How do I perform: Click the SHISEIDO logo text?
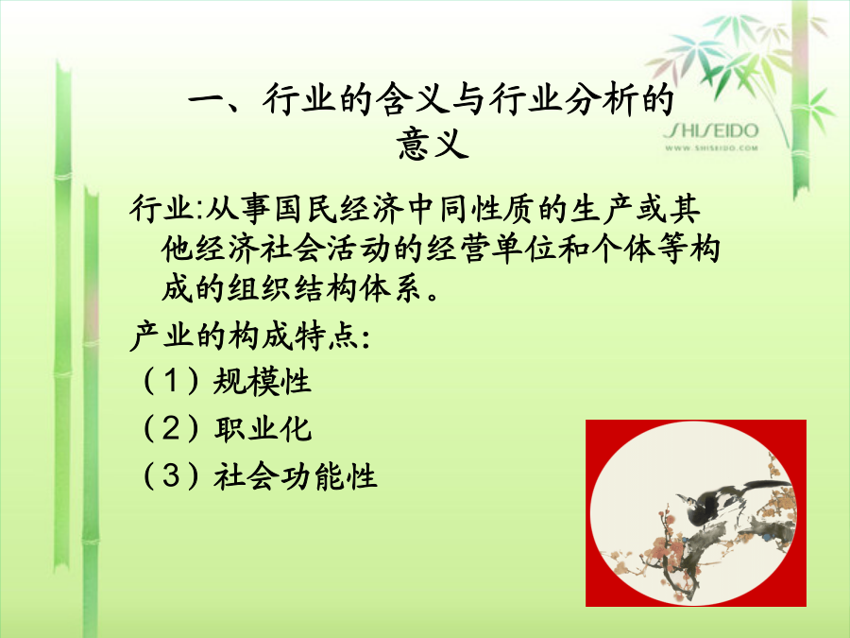click(x=710, y=130)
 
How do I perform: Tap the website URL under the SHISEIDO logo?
click(x=711, y=147)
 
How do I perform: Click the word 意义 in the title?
click(x=432, y=144)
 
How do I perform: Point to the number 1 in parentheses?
click(x=171, y=380)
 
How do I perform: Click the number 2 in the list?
click(x=171, y=428)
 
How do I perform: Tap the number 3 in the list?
click(x=171, y=475)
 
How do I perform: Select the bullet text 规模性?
click(x=262, y=381)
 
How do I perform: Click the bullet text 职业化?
click(x=263, y=428)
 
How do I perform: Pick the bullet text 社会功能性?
click(x=296, y=476)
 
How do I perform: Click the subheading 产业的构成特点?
click(x=244, y=336)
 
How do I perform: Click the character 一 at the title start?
click(x=206, y=100)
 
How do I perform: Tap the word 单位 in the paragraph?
click(x=523, y=249)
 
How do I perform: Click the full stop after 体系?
click(x=433, y=296)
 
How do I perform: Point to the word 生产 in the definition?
click(x=603, y=209)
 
